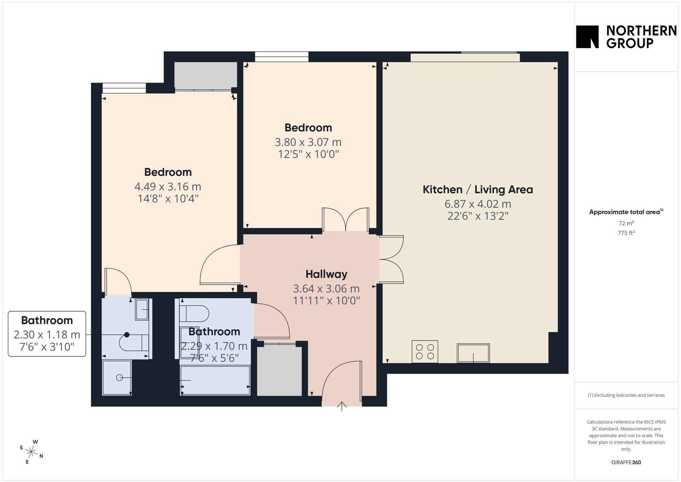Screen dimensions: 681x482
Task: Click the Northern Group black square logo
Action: pyautogui.click(x=587, y=37)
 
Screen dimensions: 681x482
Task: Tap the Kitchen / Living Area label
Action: pyautogui.click(x=478, y=190)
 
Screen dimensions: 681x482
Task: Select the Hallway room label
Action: pyautogui.click(x=326, y=274)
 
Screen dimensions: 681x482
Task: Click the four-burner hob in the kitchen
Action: pyautogui.click(x=425, y=351)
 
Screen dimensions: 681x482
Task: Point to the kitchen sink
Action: pyautogui.click(x=473, y=353)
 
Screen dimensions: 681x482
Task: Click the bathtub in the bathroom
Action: pyautogui.click(x=215, y=380)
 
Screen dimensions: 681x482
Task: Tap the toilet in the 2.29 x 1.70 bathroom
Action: pyautogui.click(x=194, y=313)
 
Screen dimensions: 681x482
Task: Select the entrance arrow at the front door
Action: pyautogui.click(x=342, y=406)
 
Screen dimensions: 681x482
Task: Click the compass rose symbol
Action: pyautogui.click(x=32, y=452)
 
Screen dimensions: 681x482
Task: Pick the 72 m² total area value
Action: pyautogui.click(x=626, y=223)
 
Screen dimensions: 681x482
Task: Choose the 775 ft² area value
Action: pyautogui.click(x=626, y=233)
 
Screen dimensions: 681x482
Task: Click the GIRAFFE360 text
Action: pyautogui.click(x=626, y=462)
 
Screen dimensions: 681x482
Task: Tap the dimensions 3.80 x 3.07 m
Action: pyautogui.click(x=308, y=142)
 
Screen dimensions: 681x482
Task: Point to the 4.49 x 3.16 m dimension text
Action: pyautogui.click(x=168, y=186)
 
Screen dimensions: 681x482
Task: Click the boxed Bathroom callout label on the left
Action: pyautogui.click(x=47, y=334)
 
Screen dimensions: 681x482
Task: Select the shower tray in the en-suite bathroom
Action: pyautogui.click(x=117, y=378)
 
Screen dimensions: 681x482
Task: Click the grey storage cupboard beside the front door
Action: pyautogui.click(x=279, y=371)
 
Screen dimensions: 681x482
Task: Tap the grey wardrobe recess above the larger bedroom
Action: pyautogui.click(x=206, y=76)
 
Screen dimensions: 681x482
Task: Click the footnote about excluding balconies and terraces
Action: pyautogui.click(x=626, y=395)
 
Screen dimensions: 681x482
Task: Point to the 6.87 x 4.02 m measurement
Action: pyautogui.click(x=478, y=204)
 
